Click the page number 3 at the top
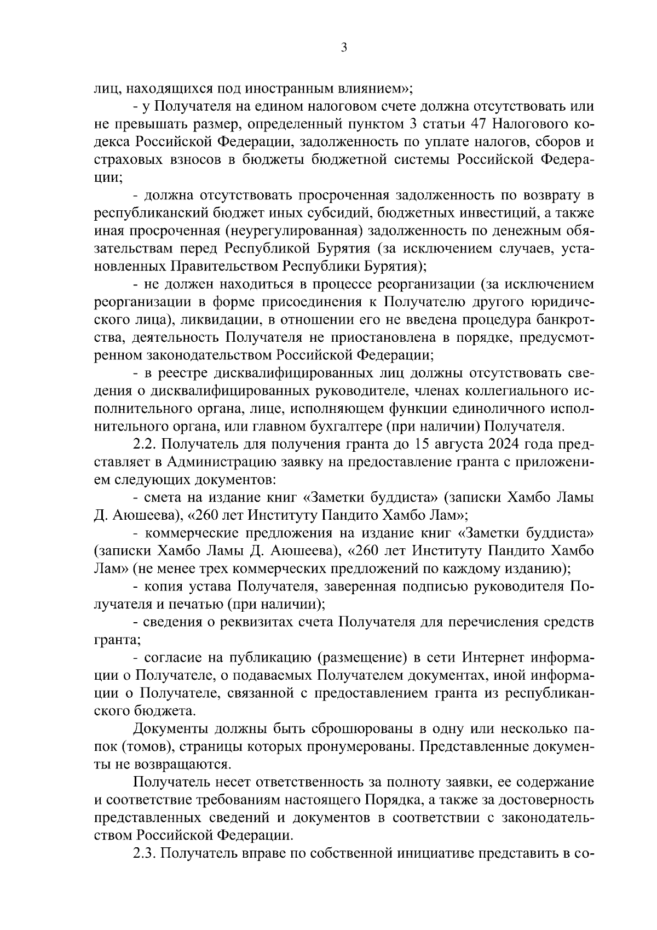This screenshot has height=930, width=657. pos(344,48)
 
